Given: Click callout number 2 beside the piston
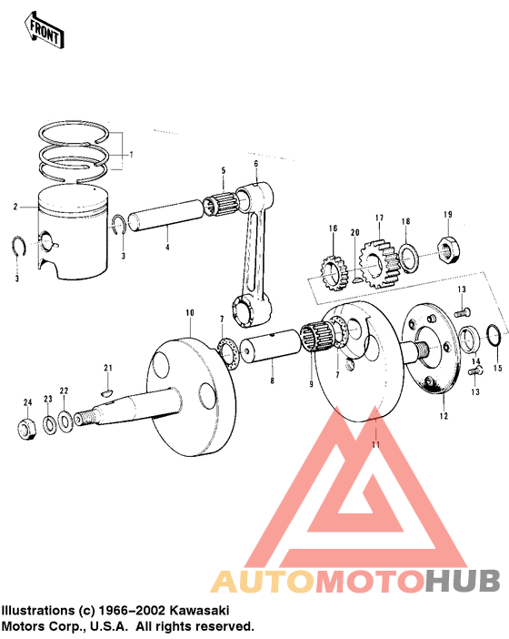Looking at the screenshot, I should [x=15, y=207].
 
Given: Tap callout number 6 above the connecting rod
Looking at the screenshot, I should [x=256, y=164].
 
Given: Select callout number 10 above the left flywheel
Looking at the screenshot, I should [x=190, y=313].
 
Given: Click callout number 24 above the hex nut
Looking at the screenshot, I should [x=27, y=401].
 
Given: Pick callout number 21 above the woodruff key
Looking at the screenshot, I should [x=106, y=368].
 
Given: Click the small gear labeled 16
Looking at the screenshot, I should [x=334, y=272].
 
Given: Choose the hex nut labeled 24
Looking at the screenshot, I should [x=27, y=426].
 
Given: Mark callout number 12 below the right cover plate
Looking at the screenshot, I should [x=444, y=416].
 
